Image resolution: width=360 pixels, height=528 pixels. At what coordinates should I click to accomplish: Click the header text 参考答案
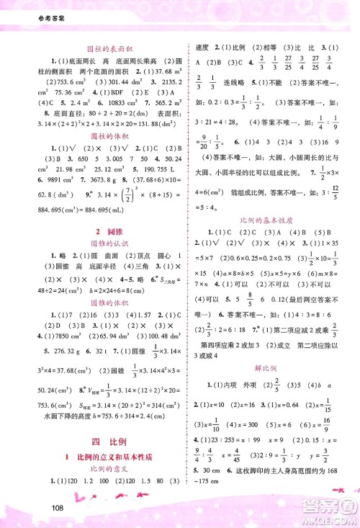(24, 9)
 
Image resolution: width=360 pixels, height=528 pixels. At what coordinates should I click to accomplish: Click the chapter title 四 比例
(98, 439)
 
